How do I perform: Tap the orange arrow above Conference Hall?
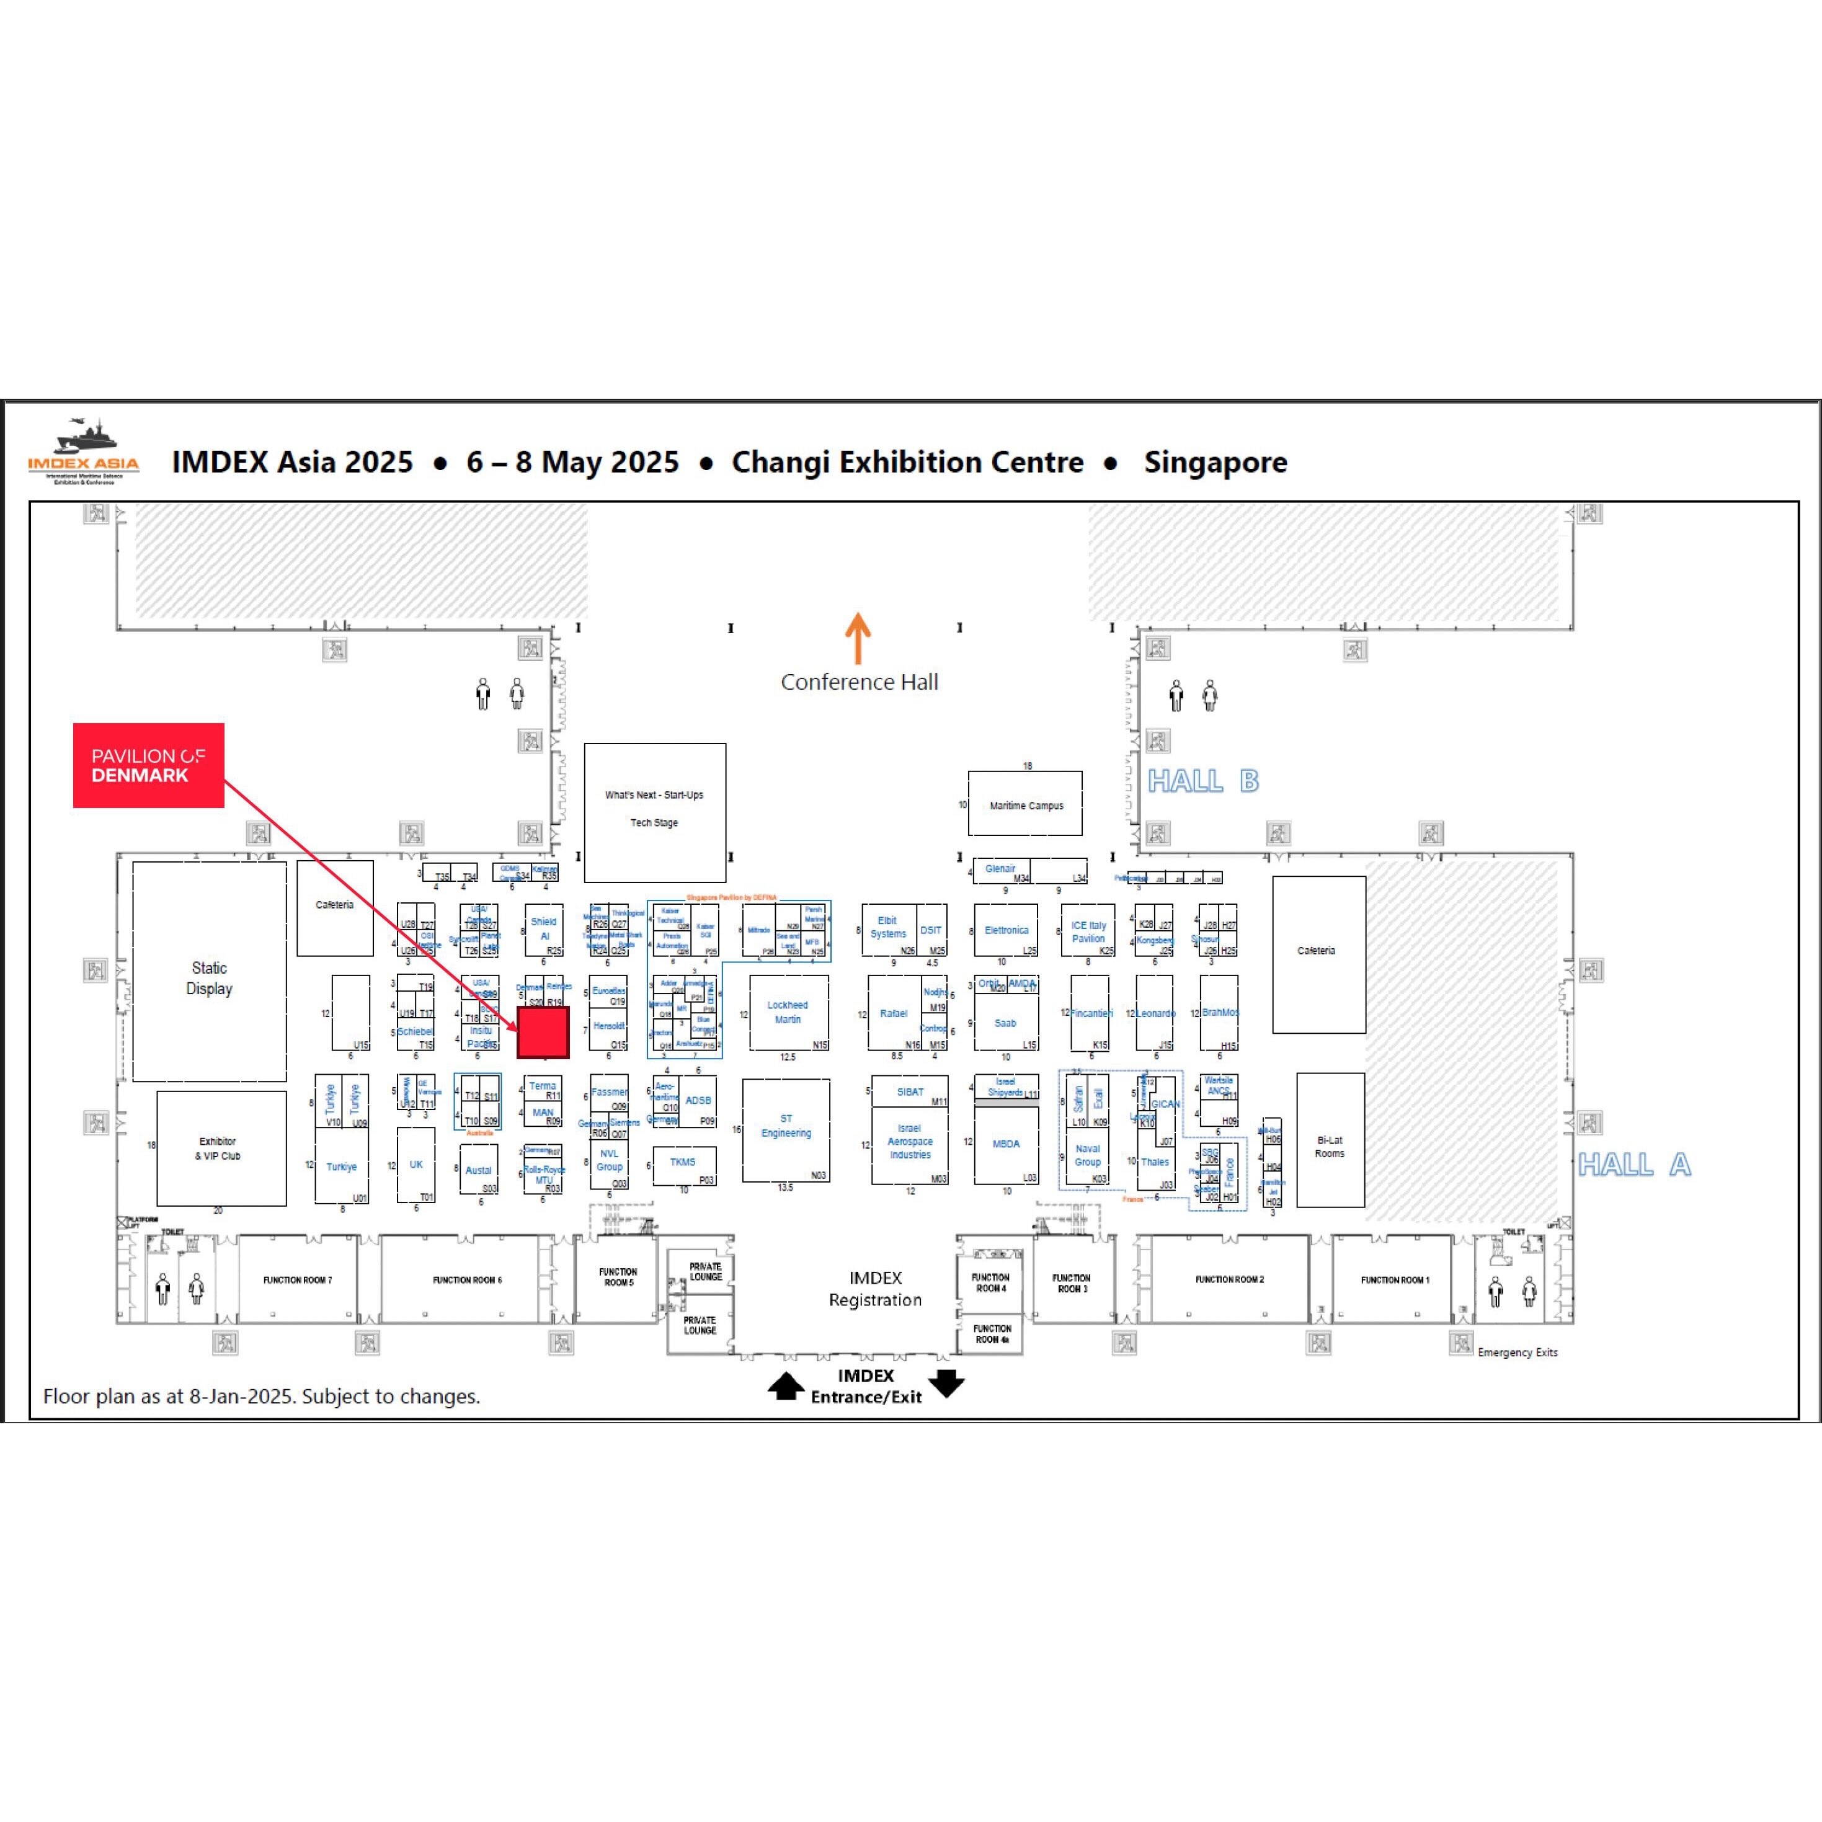(x=857, y=639)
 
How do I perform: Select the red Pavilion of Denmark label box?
(x=148, y=765)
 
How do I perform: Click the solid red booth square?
(x=543, y=1033)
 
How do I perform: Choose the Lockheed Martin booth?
(x=788, y=1013)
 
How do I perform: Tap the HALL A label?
(x=1634, y=1165)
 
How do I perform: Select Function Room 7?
(x=297, y=1280)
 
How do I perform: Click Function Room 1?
(x=1394, y=1280)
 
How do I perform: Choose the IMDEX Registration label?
(x=875, y=1288)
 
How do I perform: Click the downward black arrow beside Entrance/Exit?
(x=946, y=1382)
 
